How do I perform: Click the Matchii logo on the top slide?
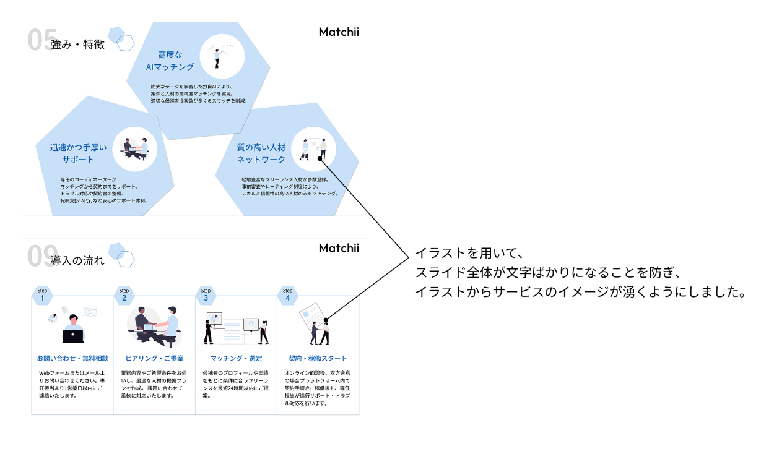pyautogui.click(x=339, y=32)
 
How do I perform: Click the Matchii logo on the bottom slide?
pyautogui.click(x=339, y=248)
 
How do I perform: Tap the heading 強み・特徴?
pyautogui.click(x=77, y=45)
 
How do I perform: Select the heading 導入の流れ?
pyautogui.click(x=77, y=260)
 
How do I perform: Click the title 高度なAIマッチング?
pyautogui.click(x=170, y=61)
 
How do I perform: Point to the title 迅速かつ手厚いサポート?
pyautogui.click(x=79, y=153)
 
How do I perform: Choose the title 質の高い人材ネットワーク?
pyautogui.click(x=261, y=153)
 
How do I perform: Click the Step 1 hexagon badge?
pyautogui.click(x=42, y=296)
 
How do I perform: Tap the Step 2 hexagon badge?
pyautogui.click(x=124, y=296)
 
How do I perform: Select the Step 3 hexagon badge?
pyautogui.click(x=206, y=296)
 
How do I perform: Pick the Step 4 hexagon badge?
pyautogui.click(x=287, y=296)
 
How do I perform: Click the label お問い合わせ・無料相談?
pyautogui.click(x=72, y=358)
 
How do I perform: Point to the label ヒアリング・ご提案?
pyautogui.click(x=154, y=358)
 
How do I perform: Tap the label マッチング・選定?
pyautogui.click(x=236, y=358)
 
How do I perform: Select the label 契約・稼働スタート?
pyautogui.click(x=318, y=358)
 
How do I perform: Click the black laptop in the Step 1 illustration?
pyautogui.click(x=73, y=336)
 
